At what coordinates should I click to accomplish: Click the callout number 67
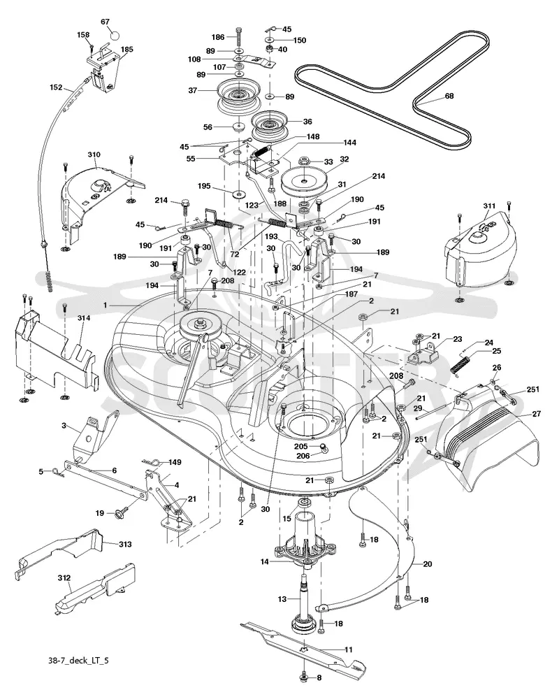click(x=105, y=22)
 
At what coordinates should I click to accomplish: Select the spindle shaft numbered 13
click(x=306, y=605)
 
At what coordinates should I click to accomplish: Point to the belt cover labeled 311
click(x=480, y=251)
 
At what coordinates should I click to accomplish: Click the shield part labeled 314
click(x=55, y=349)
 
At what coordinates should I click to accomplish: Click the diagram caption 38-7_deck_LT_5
click(x=78, y=660)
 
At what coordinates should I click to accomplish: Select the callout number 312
click(x=64, y=578)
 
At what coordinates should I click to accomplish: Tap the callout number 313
click(x=125, y=544)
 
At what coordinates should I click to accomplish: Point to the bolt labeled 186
click(x=240, y=36)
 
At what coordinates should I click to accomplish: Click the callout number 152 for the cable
click(x=56, y=87)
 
